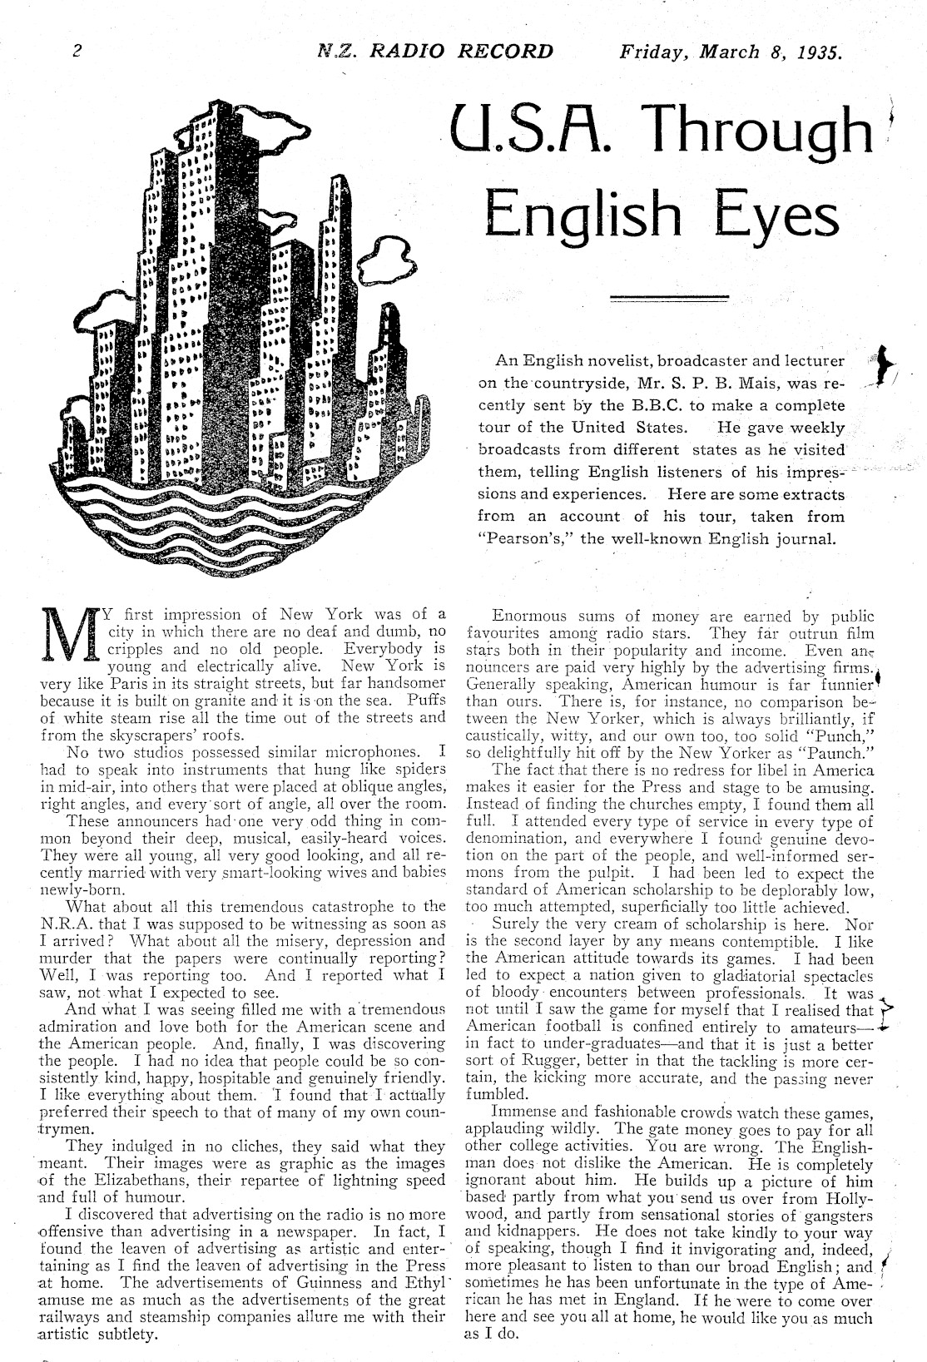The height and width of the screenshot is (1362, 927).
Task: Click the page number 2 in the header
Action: tap(76, 51)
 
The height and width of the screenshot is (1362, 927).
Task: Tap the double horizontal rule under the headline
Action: tap(669, 297)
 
